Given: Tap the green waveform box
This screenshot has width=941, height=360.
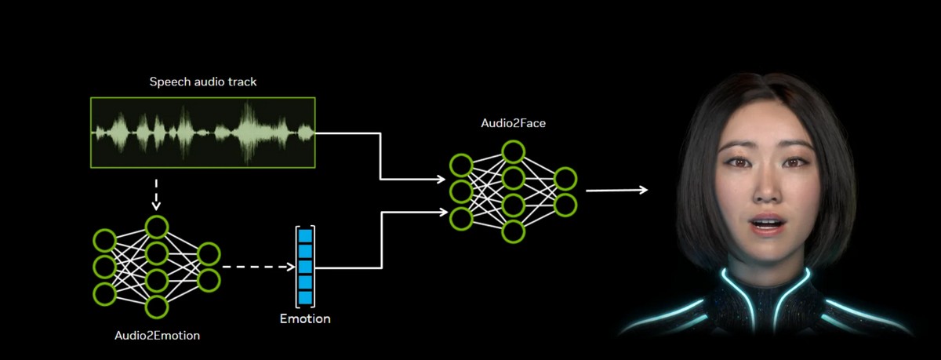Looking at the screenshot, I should tap(202, 133).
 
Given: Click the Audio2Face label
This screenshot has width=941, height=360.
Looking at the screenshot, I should tap(513, 123).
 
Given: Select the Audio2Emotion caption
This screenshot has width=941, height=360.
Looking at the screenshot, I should tap(157, 336).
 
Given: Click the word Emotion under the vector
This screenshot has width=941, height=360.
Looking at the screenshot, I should tap(305, 319).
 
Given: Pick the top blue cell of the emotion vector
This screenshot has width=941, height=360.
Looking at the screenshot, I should tap(305, 235).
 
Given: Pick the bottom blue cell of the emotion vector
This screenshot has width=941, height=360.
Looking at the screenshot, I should tap(305, 297).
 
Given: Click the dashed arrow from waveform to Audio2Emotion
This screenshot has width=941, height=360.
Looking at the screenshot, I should tap(156, 193).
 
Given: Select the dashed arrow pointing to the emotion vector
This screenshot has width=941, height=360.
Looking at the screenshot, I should tap(255, 267).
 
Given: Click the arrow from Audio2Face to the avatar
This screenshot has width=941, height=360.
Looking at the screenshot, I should tap(616, 190).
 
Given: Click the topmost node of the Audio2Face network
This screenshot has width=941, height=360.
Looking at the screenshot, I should tap(513, 151).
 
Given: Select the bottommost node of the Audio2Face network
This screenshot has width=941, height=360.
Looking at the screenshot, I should tap(513, 231).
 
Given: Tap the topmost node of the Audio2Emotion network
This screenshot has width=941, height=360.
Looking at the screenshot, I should tap(156, 227).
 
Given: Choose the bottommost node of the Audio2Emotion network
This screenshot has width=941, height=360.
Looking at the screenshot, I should tap(156, 307).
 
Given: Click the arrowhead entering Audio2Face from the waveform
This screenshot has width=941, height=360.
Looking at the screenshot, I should tap(440, 180).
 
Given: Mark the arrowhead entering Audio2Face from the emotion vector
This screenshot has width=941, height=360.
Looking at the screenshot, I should tap(440, 211).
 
